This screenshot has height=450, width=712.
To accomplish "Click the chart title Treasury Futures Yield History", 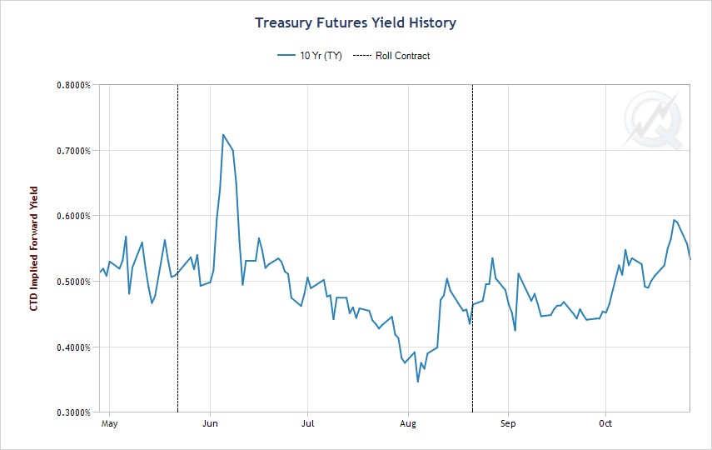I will pyautogui.click(x=356, y=22).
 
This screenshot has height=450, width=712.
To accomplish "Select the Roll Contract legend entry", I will pyautogui.click(x=391, y=56).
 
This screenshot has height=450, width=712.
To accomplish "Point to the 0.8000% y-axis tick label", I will pyautogui.click(x=72, y=85).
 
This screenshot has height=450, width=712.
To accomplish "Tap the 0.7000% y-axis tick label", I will pyautogui.click(x=72, y=151).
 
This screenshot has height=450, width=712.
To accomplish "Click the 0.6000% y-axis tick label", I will pyautogui.click(x=72, y=216).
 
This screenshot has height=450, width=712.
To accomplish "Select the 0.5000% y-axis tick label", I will pyautogui.click(x=72, y=282).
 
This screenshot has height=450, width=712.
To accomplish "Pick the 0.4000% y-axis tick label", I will pyautogui.click(x=72, y=347).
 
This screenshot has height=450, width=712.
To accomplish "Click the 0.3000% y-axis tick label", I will pyautogui.click(x=72, y=412).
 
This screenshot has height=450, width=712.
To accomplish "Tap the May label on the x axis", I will pyautogui.click(x=109, y=423).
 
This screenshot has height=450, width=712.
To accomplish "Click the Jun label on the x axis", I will pyautogui.click(x=210, y=423).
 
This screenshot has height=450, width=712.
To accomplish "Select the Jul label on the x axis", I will pyautogui.click(x=307, y=423).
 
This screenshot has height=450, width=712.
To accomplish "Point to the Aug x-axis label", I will pyautogui.click(x=408, y=423).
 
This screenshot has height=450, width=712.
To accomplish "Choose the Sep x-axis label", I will pyautogui.click(x=508, y=423).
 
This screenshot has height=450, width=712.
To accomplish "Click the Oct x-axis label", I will pyautogui.click(x=605, y=423).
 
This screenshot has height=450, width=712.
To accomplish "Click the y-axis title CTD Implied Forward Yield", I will pyautogui.click(x=34, y=248).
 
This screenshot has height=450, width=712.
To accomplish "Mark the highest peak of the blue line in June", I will pyautogui.click(x=223, y=134).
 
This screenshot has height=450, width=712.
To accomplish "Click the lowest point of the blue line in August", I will pyautogui.click(x=418, y=382).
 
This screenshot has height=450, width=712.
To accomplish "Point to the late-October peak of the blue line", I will pyautogui.click(x=674, y=220).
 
